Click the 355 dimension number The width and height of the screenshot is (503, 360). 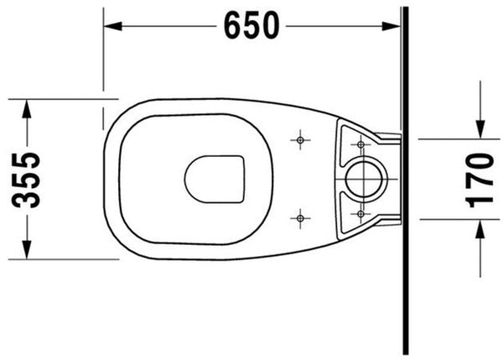[27, 179]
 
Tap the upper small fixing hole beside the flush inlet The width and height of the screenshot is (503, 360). [360, 145]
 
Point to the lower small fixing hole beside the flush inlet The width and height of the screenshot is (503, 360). [360, 214]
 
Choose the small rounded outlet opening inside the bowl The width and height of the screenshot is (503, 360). [215, 179]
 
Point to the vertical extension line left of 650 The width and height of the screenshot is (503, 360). [104, 50]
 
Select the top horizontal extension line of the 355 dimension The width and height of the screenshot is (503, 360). [59, 99]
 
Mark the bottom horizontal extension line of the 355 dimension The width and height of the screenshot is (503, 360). [59, 259]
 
